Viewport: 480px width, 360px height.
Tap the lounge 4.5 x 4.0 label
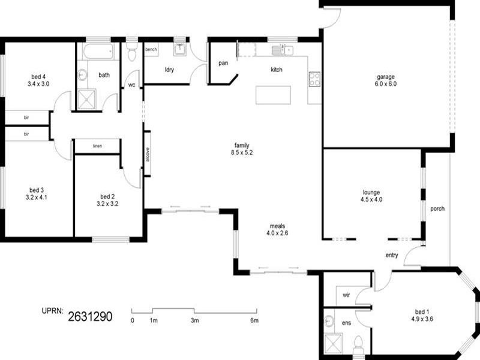click(x=371, y=195)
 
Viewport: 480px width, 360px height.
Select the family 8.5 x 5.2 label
click(x=242, y=149)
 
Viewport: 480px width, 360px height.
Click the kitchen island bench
click(x=273, y=95)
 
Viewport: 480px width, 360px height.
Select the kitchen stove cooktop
click(x=314, y=79)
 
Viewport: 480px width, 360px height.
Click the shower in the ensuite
click(x=332, y=344)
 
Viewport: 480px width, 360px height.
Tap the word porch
click(x=437, y=209)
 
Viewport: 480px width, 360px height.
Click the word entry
click(x=392, y=256)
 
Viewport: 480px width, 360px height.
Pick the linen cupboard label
click(x=97, y=146)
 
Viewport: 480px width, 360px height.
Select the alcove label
click(x=147, y=154)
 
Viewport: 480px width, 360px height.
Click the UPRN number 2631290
click(x=90, y=314)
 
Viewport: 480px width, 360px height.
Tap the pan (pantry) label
click(x=223, y=63)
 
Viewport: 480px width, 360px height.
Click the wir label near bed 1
click(x=346, y=295)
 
